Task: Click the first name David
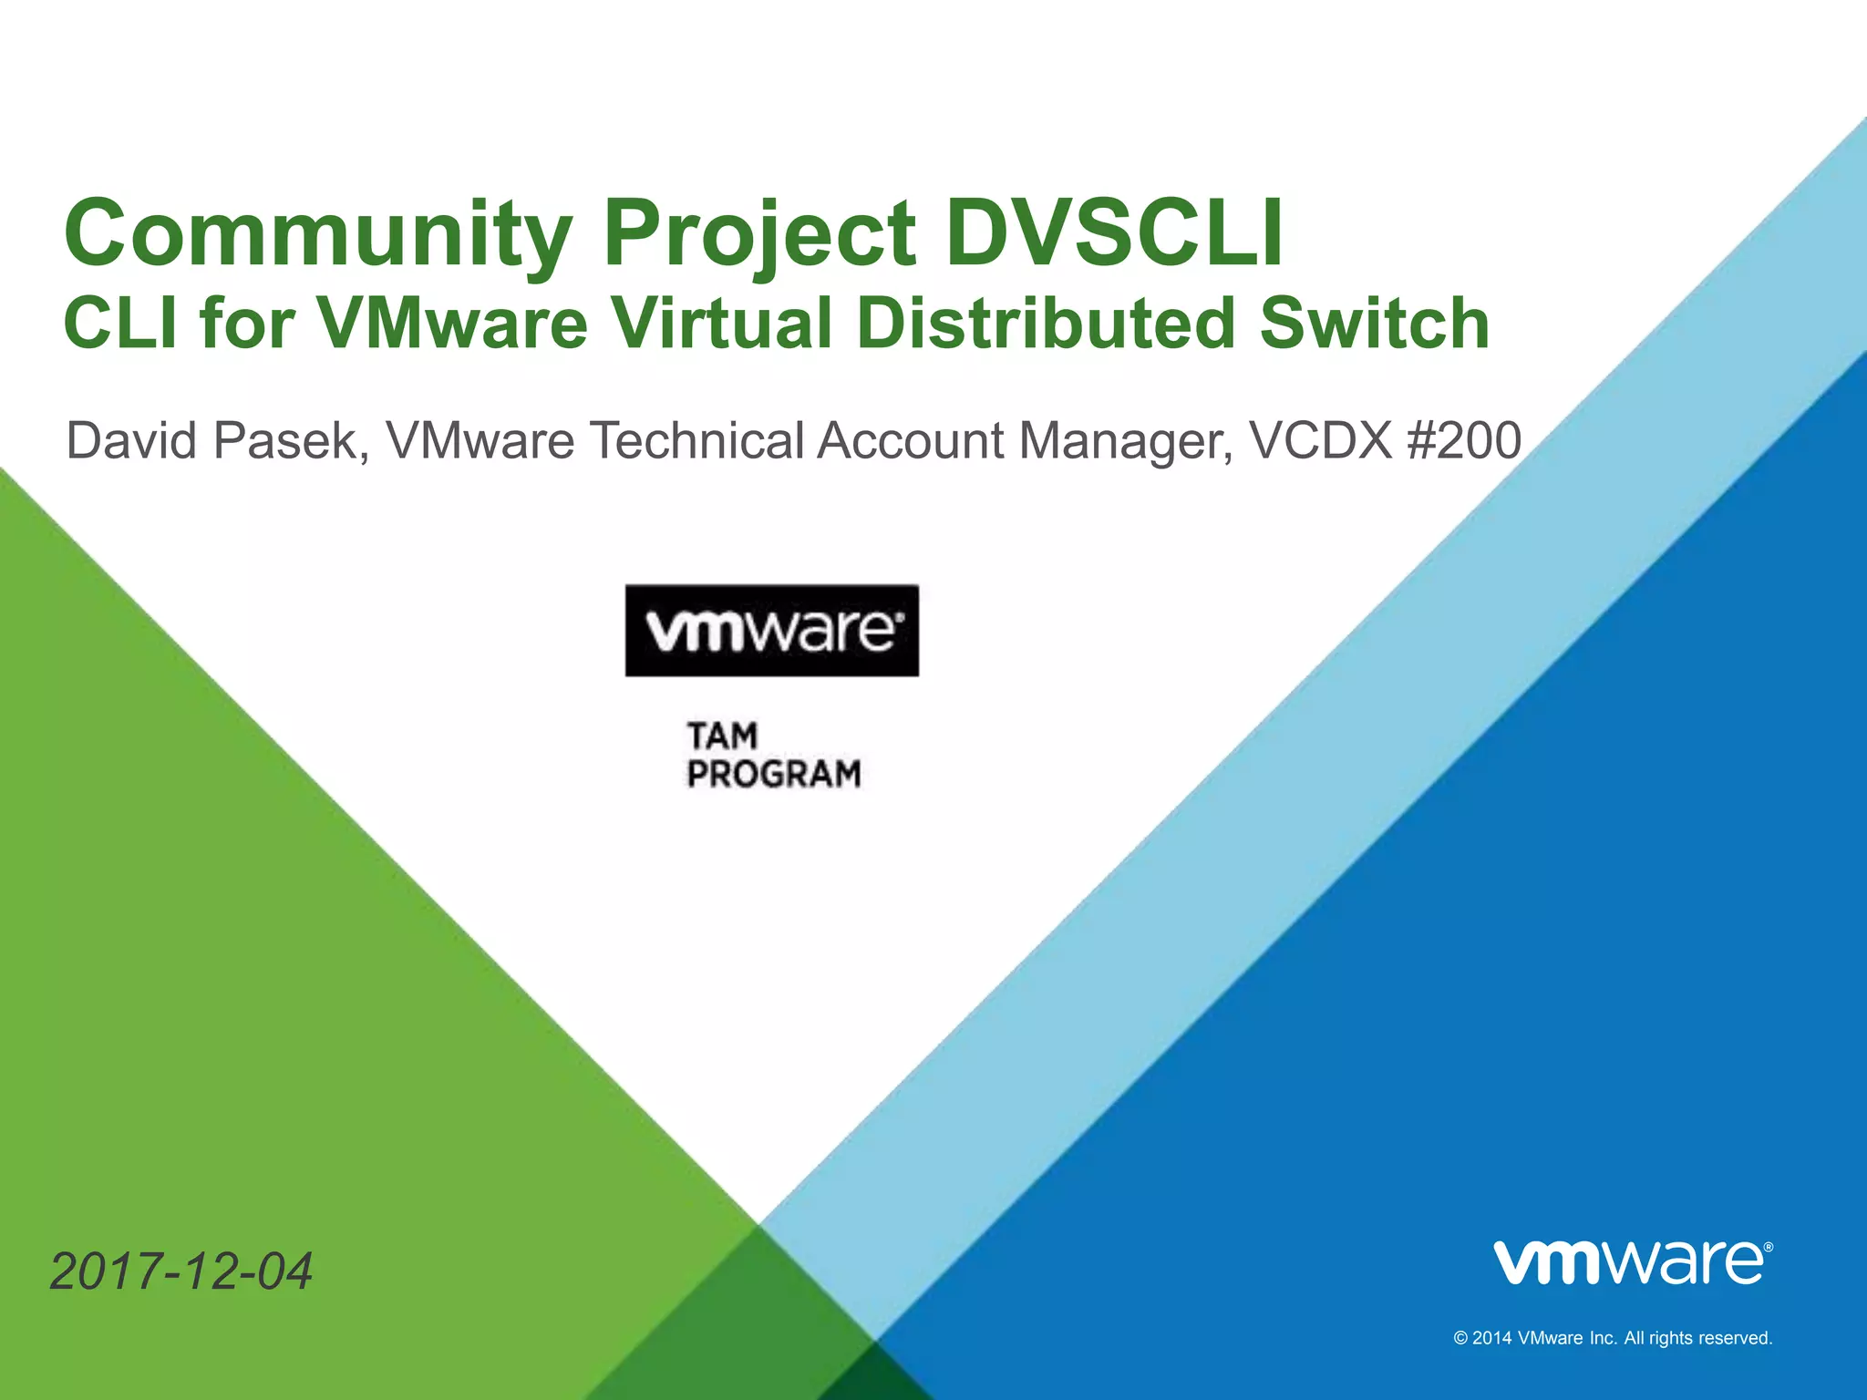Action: (x=131, y=441)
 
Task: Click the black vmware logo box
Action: (x=771, y=631)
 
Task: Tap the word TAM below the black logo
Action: (x=722, y=736)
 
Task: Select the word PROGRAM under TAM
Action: (x=774, y=774)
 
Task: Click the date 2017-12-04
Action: (x=181, y=1271)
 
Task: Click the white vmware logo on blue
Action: (x=1633, y=1262)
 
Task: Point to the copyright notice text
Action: (x=1613, y=1338)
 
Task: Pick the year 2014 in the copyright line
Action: (x=1492, y=1338)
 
